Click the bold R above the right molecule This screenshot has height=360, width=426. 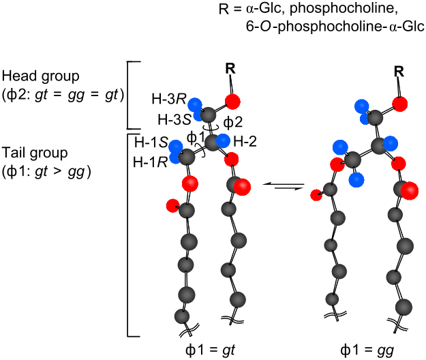pos(399,70)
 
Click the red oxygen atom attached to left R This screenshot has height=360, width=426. pos(233,103)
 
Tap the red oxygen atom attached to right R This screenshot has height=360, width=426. pos(400,104)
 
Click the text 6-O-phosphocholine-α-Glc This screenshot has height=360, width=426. pos(337,29)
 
